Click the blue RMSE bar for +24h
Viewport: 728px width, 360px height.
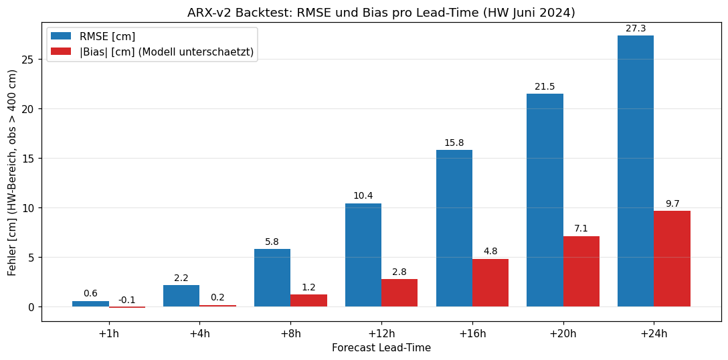point(636,171)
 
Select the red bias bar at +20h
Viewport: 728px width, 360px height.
point(581,271)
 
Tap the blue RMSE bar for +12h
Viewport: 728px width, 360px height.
point(363,255)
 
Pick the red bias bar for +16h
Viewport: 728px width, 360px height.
point(490,282)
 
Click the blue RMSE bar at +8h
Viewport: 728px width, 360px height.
point(272,278)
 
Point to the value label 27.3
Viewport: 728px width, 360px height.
point(636,29)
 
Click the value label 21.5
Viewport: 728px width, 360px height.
point(545,86)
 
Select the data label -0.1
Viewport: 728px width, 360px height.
point(127,300)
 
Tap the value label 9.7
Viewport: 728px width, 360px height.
point(672,204)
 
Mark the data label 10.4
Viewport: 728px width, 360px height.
point(363,196)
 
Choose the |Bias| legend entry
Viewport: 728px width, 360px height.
point(153,52)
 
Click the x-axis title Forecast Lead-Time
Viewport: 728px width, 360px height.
point(381,347)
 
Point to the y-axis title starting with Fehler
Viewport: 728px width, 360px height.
point(11,173)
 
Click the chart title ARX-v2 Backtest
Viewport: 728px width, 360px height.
point(381,13)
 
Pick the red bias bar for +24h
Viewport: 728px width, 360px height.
point(672,259)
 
